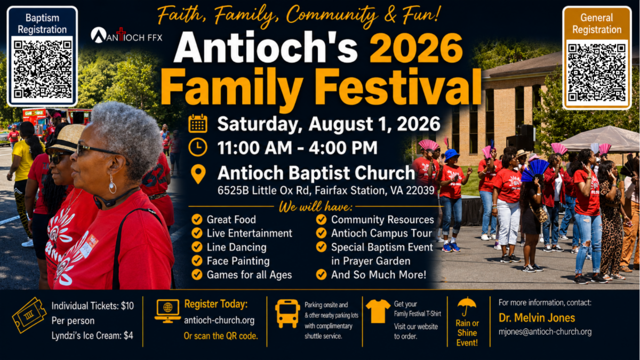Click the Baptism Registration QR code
tap(42, 69)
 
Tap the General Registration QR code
tap(597, 73)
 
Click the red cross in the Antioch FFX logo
tap(121, 34)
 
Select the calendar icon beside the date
tap(198, 123)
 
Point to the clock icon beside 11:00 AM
tap(198, 147)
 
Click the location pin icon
tap(198, 174)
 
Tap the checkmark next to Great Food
tap(197, 219)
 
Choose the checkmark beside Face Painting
tap(197, 261)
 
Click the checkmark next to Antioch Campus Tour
tap(321, 233)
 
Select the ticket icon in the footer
tap(29, 315)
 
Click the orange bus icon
tap(287, 314)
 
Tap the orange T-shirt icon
tap(378, 311)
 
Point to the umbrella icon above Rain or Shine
tap(467, 306)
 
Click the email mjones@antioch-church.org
tap(545, 332)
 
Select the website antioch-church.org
tap(219, 321)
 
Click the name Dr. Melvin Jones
tap(537, 318)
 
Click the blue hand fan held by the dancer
tap(535, 171)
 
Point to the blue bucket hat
tap(451, 155)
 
